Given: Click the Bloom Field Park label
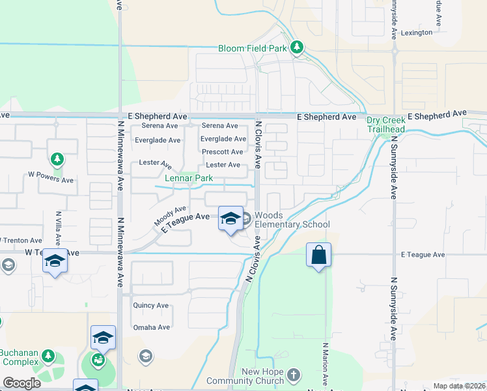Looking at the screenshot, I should [253, 48].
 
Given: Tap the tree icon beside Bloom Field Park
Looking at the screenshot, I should [297, 48].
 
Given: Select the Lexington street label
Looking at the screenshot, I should [417, 33].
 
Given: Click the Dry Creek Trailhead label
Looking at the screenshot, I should [386, 124].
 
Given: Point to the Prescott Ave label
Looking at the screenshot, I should [223, 152].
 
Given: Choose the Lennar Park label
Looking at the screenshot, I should [189, 178].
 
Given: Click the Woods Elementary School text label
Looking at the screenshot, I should [292, 220].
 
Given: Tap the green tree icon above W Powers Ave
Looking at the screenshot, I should [57, 159].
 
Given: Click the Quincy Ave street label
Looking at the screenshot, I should [150, 305].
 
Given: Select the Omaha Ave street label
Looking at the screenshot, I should [151, 327].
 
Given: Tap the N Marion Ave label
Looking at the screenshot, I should [326, 363].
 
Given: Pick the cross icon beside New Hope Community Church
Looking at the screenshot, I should [294, 375].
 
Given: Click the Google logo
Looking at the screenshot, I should [21, 383].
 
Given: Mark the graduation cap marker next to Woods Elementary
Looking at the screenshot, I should [230, 219].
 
